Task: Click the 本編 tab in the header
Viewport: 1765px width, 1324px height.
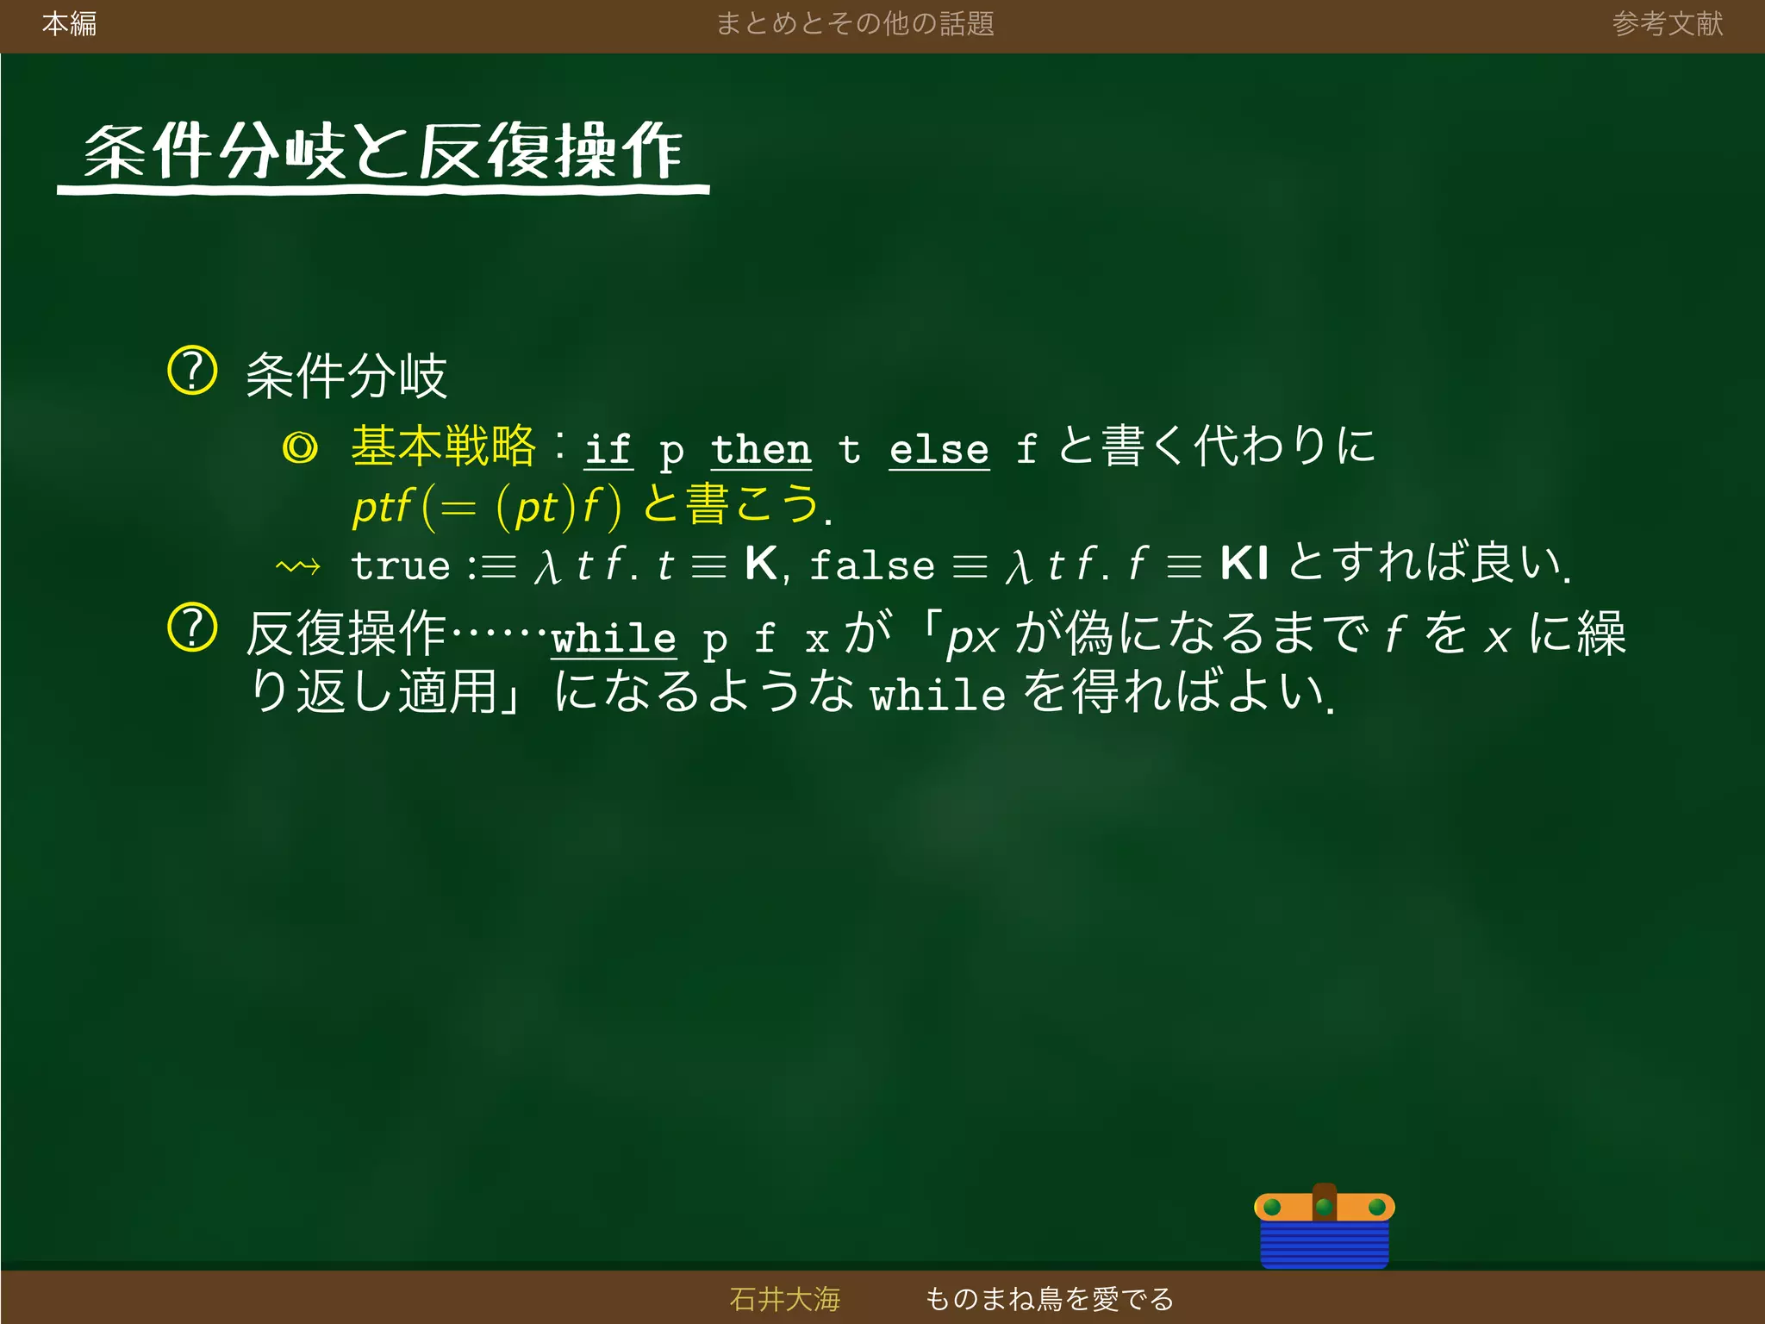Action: click(x=69, y=23)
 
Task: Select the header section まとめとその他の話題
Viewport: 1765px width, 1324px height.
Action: click(x=855, y=23)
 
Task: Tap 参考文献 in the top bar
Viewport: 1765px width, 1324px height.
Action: click(x=1667, y=23)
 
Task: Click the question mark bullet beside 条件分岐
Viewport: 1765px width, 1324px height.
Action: click(x=191, y=371)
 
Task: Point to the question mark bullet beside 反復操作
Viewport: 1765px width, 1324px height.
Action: click(x=191, y=628)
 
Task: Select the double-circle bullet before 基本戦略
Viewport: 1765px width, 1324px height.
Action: click(x=300, y=448)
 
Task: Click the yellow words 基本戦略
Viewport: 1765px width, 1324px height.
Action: click(x=444, y=446)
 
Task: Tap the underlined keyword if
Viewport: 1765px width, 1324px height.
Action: click(x=608, y=449)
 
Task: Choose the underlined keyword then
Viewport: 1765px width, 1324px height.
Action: click(x=761, y=449)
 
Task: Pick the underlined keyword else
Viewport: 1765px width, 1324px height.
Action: click(x=939, y=449)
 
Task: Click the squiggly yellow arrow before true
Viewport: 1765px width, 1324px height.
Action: click(x=298, y=567)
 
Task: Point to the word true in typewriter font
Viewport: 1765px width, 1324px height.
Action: click(x=401, y=566)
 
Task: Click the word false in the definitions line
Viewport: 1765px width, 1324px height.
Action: click(x=871, y=566)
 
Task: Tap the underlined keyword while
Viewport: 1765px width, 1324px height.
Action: click(x=614, y=639)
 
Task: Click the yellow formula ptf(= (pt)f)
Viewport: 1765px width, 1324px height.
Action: click(x=487, y=507)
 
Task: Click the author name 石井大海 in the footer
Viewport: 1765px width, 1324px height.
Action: click(x=784, y=1298)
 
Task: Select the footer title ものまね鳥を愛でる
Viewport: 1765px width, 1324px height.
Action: click(x=1049, y=1298)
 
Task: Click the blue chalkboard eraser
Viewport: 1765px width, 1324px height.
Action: click(x=1324, y=1228)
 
